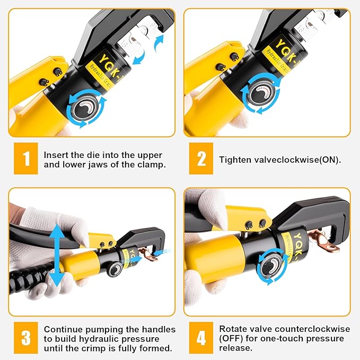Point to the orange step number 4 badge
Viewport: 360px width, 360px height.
[x=201, y=339]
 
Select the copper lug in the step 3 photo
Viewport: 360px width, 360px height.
[x=151, y=257]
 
